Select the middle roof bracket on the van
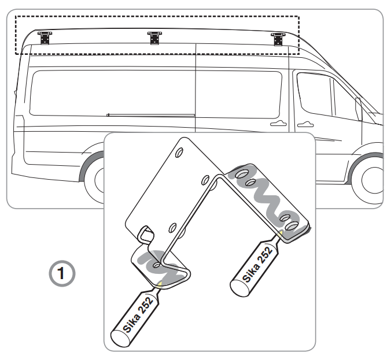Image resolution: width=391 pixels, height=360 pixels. [154, 38]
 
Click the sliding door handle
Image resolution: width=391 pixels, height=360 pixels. [279, 123]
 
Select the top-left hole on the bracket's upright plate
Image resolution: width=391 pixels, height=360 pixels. [179, 153]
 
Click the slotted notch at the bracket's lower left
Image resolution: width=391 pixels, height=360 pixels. [146, 235]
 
